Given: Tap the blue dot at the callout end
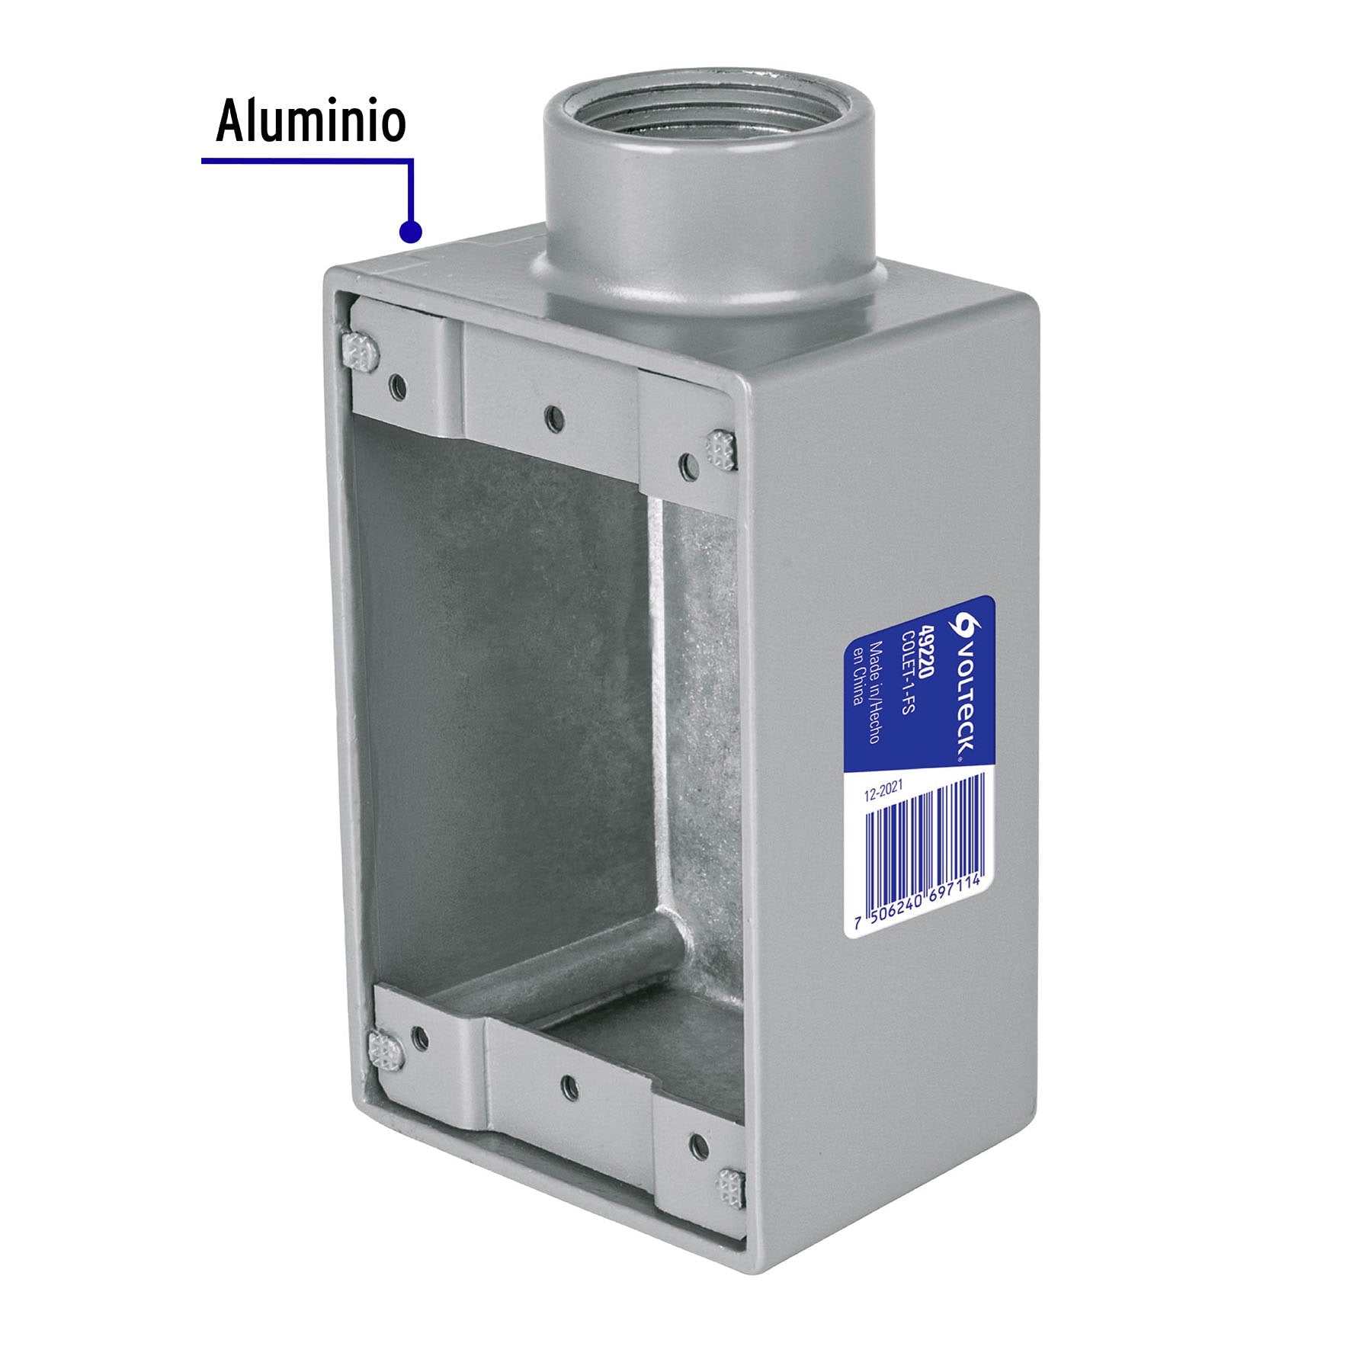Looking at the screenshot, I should [410, 231].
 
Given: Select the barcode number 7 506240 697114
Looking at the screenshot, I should [918, 903].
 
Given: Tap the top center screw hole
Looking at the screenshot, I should [554, 416].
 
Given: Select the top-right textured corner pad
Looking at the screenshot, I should [720, 450].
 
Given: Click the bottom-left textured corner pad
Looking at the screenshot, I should [386, 1052].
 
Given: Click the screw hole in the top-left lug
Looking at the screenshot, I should [396, 387].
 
